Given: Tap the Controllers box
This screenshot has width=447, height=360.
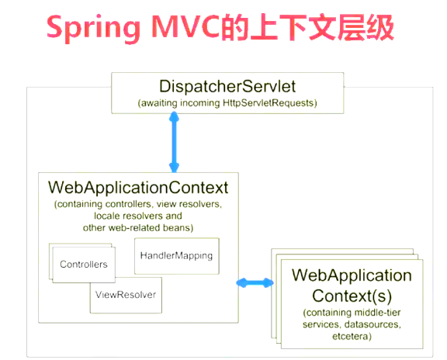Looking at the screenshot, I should [x=84, y=265].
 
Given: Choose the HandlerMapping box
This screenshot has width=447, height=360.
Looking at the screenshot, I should [x=177, y=255].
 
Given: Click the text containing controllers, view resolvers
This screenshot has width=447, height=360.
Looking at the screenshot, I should [x=137, y=204].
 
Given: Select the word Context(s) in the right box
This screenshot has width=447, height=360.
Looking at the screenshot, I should [x=351, y=295].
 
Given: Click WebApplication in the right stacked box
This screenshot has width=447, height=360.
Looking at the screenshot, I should [x=351, y=275].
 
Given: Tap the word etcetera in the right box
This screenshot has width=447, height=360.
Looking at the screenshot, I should [x=351, y=337].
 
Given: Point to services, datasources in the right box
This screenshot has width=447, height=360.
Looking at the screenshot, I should [x=351, y=325].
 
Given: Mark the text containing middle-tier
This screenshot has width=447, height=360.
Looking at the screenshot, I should [x=351, y=313].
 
